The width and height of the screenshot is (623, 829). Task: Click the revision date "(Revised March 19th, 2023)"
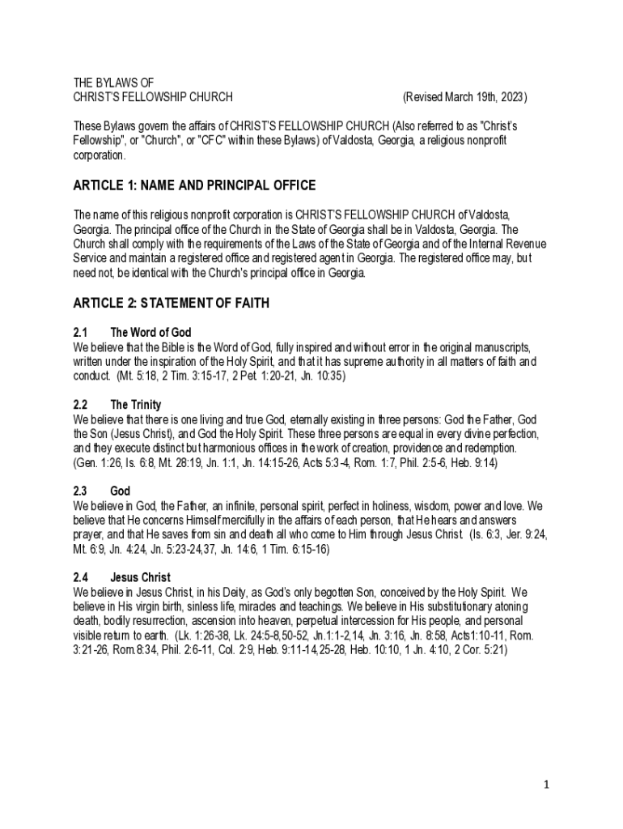(x=464, y=97)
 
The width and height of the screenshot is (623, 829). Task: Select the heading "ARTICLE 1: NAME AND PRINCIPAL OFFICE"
(x=194, y=185)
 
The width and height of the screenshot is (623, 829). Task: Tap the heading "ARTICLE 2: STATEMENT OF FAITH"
(x=172, y=303)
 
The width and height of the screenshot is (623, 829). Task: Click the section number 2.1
(x=80, y=333)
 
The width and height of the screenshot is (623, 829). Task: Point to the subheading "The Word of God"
(x=150, y=333)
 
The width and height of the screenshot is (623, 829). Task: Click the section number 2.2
(x=80, y=405)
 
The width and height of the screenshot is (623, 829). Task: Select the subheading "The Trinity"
(x=135, y=405)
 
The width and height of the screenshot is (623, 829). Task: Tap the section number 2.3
(x=80, y=491)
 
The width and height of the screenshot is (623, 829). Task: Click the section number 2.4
(x=80, y=578)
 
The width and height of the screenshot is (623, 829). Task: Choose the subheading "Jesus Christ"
(x=140, y=578)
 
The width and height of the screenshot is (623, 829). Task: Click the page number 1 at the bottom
(x=547, y=784)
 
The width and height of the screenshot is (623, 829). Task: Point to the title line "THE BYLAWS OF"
(x=113, y=83)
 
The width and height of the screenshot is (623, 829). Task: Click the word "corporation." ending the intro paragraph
(x=100, y=155)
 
